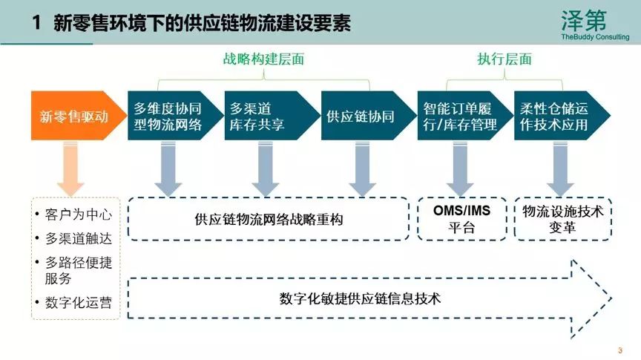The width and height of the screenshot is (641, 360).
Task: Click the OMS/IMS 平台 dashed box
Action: coord(461,219)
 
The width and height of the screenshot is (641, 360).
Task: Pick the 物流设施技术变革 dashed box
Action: coord(562,219)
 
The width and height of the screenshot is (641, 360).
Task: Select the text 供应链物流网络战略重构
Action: coord(269,220)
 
